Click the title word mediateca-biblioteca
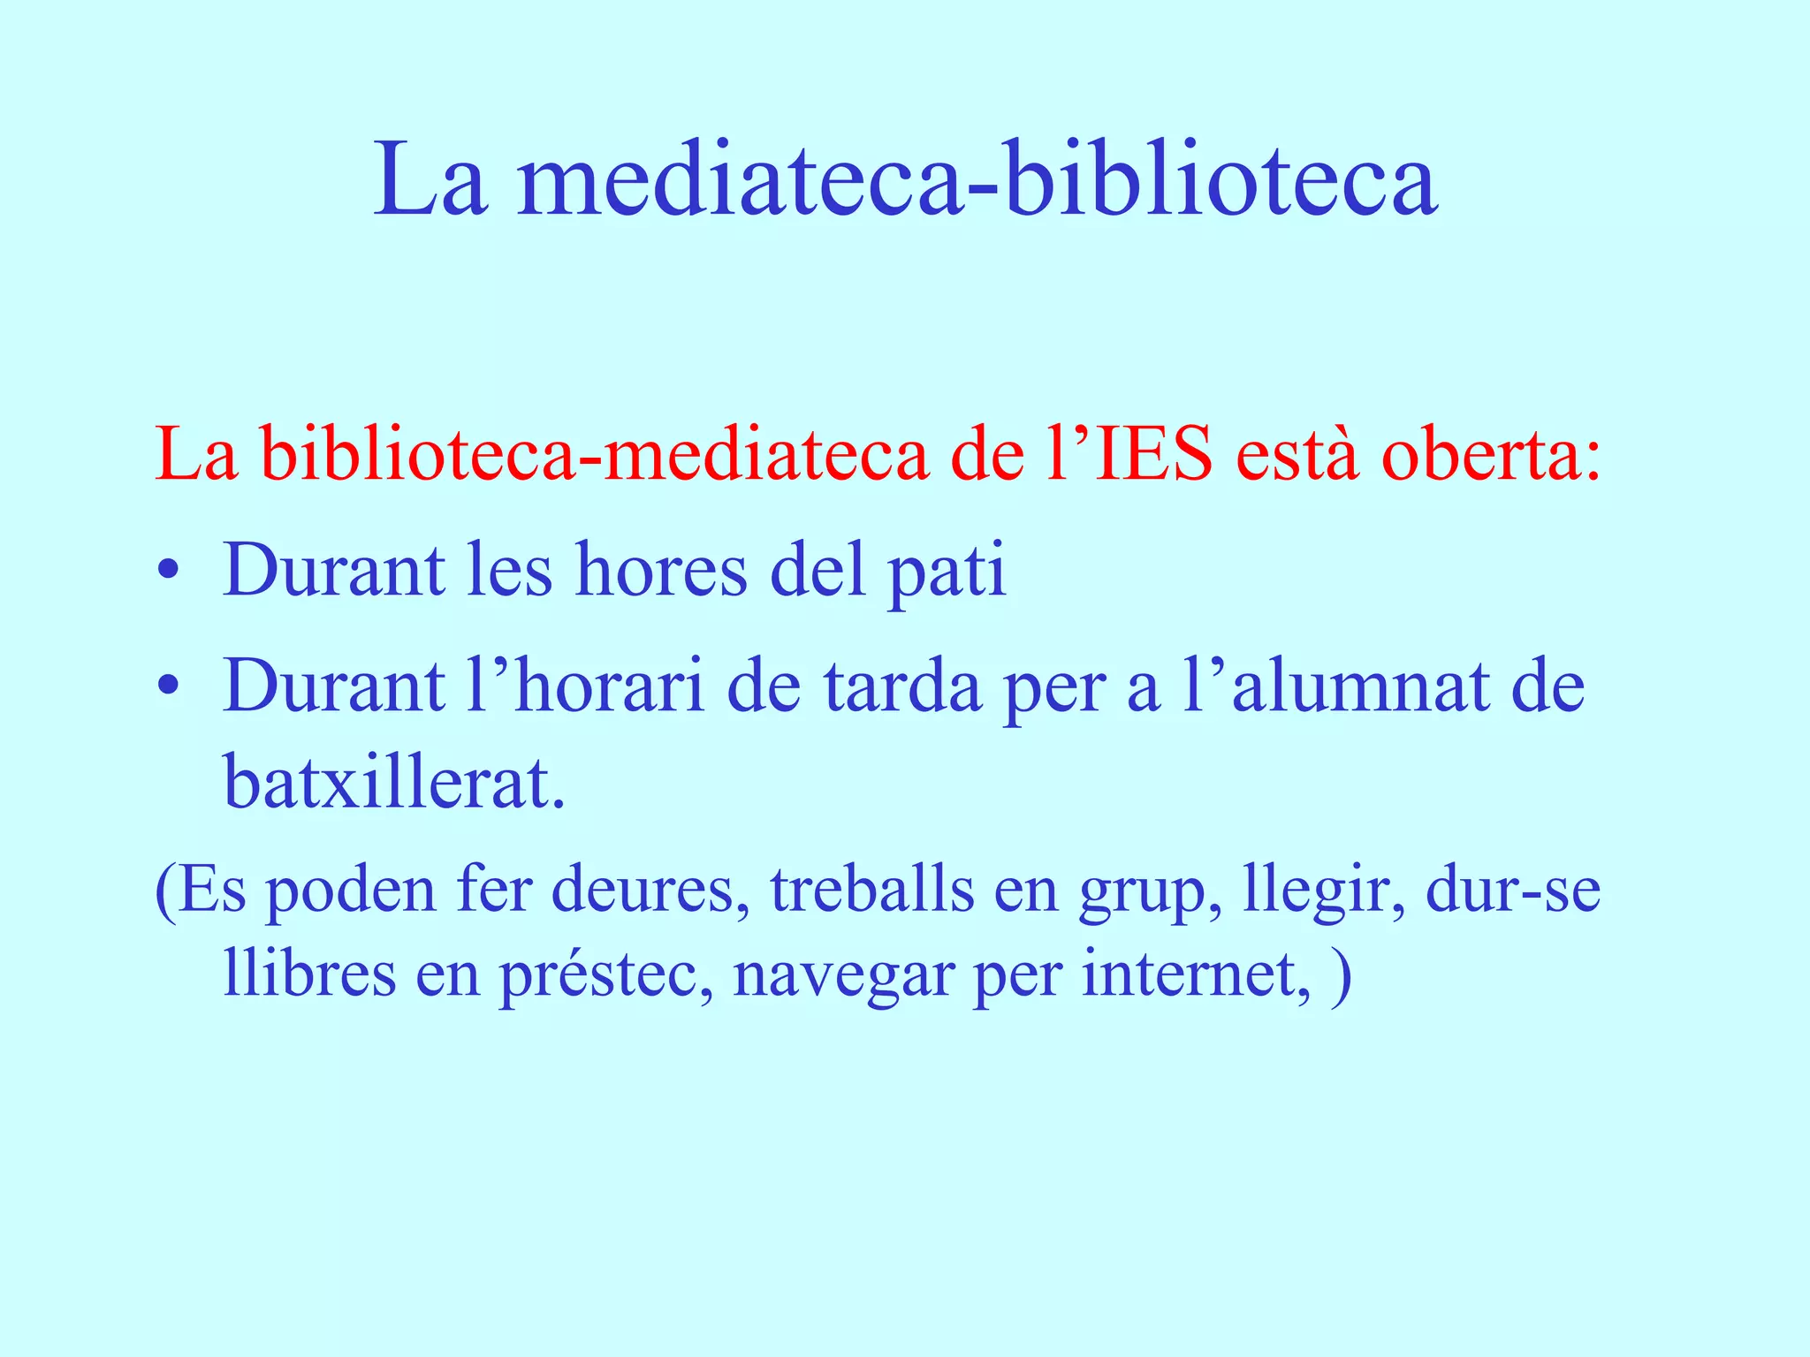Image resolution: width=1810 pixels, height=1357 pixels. tap(977, 181)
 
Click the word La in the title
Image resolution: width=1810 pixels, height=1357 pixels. tap(430, 181)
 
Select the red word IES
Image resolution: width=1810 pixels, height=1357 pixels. tap(1153, 456)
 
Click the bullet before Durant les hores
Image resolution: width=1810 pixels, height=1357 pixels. tap(169, 572)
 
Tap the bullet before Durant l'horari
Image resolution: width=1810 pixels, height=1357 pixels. tap(169, 686)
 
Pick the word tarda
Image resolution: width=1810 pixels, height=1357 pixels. tap(902, 686)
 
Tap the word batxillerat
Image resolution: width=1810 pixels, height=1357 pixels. tap(394, 782)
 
